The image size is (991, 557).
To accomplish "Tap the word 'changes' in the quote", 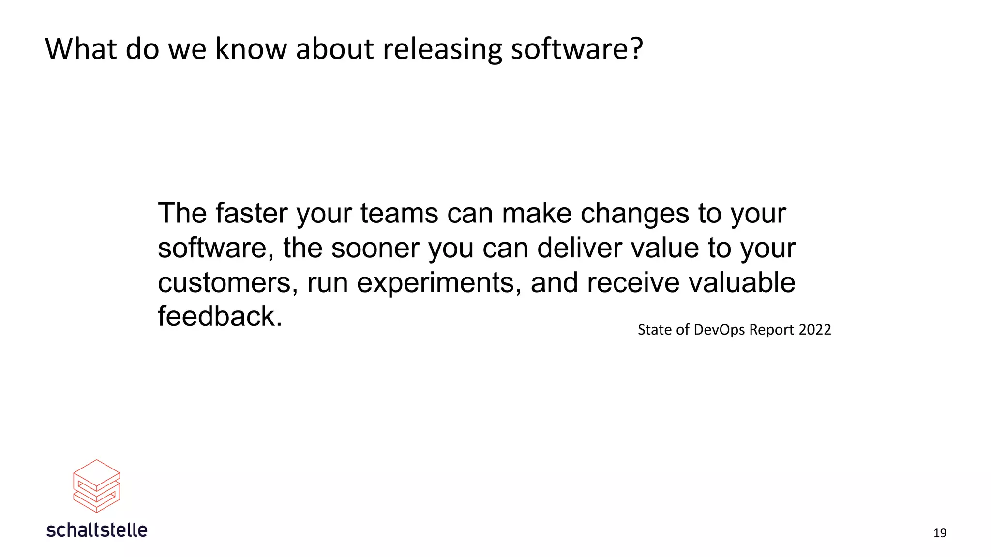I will point(635,214).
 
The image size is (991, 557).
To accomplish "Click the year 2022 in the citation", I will point(815,330).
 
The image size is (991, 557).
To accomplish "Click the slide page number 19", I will point(940,533).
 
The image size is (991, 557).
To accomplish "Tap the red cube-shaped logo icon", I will point(97,486).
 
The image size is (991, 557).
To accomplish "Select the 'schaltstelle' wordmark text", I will point(97,530).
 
